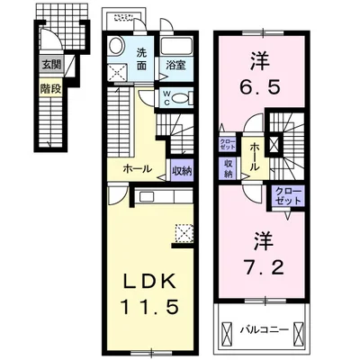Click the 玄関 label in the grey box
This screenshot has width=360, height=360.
tap(51, 64)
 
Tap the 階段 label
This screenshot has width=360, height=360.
tap(51, 88)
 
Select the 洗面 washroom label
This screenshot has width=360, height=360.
tap(141, 59)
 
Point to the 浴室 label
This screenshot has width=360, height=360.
tap(176, 65)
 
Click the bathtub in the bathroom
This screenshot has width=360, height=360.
tap(176, 47)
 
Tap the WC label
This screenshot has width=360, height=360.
tap(166, 98)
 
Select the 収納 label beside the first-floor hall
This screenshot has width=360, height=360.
tap(182, 170)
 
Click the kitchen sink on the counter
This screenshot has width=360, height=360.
tap(147, 197)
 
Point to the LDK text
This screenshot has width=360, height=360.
tap(149, 283)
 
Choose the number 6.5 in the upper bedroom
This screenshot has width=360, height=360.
tap(260, 86)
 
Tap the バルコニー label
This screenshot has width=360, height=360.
tap(265, 330)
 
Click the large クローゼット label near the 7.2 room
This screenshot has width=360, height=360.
tap(288, 195)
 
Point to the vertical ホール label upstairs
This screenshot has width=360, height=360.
tap(255, 157)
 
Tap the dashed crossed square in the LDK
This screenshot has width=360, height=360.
tap(184, 233)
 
